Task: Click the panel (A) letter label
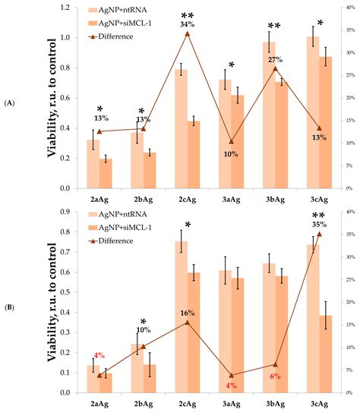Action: coord(11,102)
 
